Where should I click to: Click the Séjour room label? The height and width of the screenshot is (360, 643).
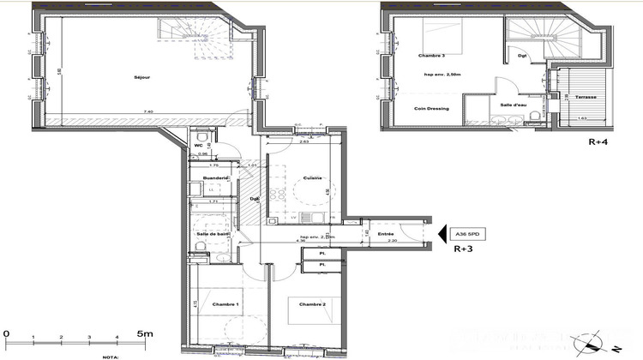click(142, 77)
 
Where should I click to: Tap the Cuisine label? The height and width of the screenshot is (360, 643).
click(312, 178)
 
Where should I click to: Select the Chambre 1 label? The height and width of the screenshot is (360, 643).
click(226, 304)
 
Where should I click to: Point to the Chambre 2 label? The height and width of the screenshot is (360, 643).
click(312, 304)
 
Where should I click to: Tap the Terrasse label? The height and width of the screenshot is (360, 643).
click(586, 97)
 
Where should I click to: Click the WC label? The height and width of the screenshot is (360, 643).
click(198, 147)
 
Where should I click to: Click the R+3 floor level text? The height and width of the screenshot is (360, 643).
click(464, 251)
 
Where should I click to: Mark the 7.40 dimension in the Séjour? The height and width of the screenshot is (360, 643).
click(148, 111)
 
